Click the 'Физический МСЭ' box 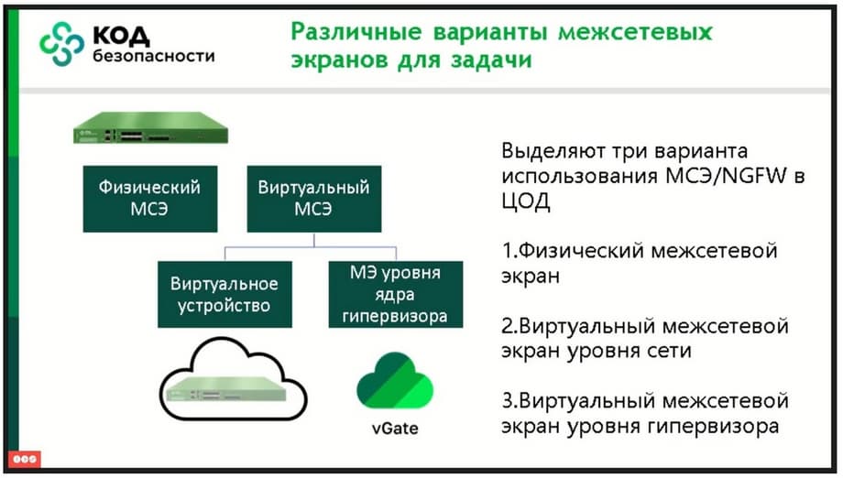[150, 199]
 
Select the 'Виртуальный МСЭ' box [314, 199]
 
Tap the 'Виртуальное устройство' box [224, 294]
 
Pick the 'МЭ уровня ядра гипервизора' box [396, 294]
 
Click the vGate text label [395, 429]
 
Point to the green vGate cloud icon [395, 381]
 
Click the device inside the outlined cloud [225, 388]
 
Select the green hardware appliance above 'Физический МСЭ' [150, 128]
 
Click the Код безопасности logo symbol [61, 44]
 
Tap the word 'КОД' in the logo [121, 36]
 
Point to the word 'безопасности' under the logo [154, 56]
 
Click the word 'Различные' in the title [356, 32]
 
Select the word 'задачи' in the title [491, 60]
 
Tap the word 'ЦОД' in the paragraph [526, 201]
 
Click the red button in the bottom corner [25, 459]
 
